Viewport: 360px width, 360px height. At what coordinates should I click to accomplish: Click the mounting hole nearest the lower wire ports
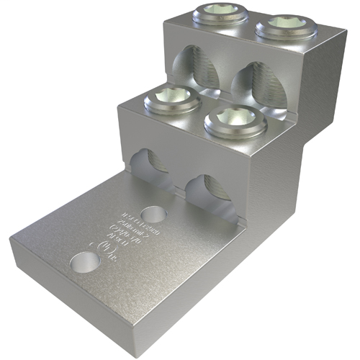(151, 214)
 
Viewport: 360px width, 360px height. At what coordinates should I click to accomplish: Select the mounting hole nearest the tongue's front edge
(84, 261)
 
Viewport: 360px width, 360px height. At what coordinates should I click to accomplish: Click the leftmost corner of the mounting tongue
(13, 240)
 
